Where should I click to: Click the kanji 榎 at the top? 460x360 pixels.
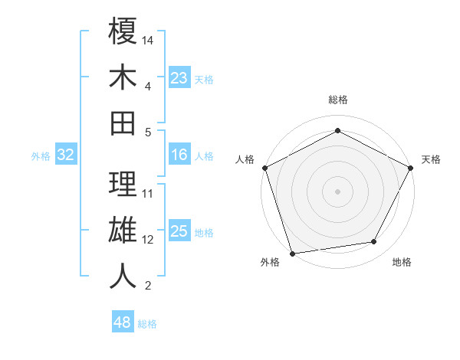point(123,32)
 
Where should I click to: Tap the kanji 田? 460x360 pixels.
point(123,123)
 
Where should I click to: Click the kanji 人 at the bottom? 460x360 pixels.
point(123,275)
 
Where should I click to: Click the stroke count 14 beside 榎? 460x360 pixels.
point(149,39)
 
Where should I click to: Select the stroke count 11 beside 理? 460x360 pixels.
point(149,193)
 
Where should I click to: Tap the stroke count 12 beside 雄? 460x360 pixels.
point(149,239)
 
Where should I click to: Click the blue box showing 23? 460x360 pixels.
point(179,78)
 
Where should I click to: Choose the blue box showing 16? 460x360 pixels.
point(179,155)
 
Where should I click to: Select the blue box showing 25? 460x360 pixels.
point(179,232)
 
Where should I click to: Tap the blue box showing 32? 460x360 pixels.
point(66,155)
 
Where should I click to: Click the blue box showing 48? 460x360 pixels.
point(123,322)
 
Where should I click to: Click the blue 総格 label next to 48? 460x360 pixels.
point(147,324)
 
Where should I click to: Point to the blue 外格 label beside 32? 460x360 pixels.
point(41,156)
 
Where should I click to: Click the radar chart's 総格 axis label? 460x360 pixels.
point(337,100)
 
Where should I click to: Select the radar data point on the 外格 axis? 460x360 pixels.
point(292,253)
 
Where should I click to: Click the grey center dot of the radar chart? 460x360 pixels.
point(337,191)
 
